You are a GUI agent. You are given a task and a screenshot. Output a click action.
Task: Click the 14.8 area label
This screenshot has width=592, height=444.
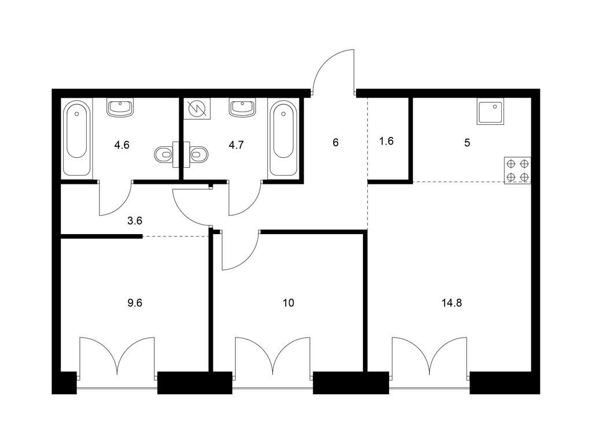pyautogui.click(x=452, y=303)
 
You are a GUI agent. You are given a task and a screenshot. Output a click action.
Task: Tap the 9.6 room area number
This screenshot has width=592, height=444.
pyautogui.click(x=134, y=303)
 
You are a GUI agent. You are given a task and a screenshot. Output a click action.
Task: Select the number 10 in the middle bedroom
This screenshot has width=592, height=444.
pyautogui.click(x=288, y=303)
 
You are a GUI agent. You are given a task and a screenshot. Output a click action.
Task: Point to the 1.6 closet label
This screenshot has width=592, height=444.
pyautogui.click(x=386, y=141)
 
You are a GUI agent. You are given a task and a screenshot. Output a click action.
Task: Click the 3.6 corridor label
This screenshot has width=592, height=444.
pyautogui.click(x=134, y=220)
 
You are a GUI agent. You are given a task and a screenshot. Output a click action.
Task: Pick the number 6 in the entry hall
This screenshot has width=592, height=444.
pyautogui.click(x=336, y=143)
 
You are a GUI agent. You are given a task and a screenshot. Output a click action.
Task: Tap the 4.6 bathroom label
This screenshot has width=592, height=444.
pyautogui.click(x=122, y=145)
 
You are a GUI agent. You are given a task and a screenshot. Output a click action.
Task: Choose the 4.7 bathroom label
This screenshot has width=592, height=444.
pyautogui.click(x=236, y=145)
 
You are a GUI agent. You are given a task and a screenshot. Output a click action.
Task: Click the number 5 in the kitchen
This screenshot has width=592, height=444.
pyautogui.click(x=467, y=143)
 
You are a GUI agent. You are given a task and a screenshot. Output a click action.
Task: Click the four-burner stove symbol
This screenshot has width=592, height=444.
pyautogui.click(x=517, y=171)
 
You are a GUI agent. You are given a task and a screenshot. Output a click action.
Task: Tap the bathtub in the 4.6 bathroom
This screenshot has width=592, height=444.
pyautogui.click(x=77, y=138)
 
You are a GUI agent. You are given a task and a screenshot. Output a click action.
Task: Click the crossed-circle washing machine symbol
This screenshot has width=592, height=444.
pyautogui.click(x=197, y=109)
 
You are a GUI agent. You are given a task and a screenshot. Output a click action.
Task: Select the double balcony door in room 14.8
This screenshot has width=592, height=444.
pyautogui.click(x=430, y=356)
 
